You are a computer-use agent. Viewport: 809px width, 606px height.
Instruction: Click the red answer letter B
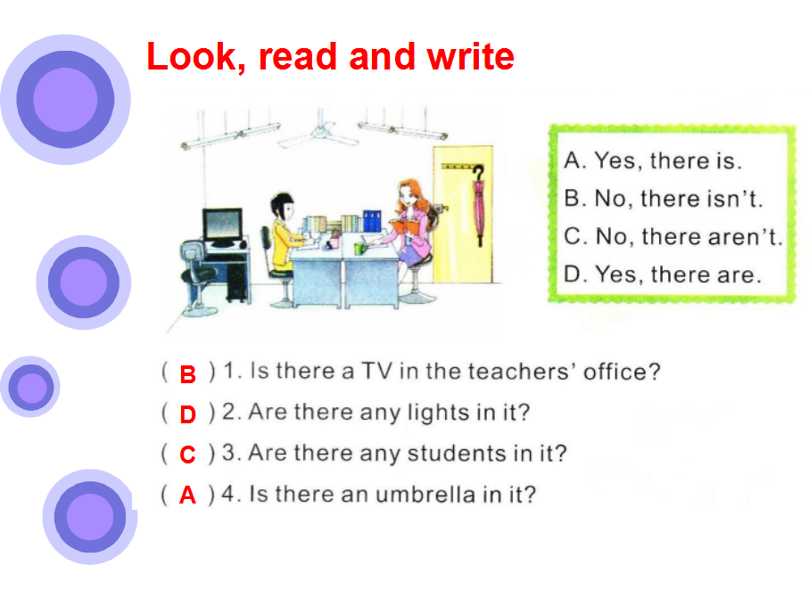point(188,374)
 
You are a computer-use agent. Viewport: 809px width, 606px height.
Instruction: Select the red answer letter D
point(188,414)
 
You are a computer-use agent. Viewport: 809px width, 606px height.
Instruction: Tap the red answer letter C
point(188,454)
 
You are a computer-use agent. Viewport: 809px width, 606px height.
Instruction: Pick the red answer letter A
point(188,495)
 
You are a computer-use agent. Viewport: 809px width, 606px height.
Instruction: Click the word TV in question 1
point(376,371)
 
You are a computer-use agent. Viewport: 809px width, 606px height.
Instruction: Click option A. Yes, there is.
point(653,160)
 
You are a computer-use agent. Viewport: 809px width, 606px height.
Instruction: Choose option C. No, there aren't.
point(673,236)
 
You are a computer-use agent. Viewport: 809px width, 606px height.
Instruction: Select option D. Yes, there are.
point(663,274)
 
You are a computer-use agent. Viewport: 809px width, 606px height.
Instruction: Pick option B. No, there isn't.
point(664,199)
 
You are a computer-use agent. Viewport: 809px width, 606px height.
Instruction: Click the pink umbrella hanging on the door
point(479,206)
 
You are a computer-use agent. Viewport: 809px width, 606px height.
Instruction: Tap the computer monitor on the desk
point(223,226)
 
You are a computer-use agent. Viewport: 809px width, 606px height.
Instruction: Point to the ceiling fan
point(318,134)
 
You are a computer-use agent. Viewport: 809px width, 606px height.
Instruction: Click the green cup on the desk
point(359,249)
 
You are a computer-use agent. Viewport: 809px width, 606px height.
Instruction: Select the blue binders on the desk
point(372,220)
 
